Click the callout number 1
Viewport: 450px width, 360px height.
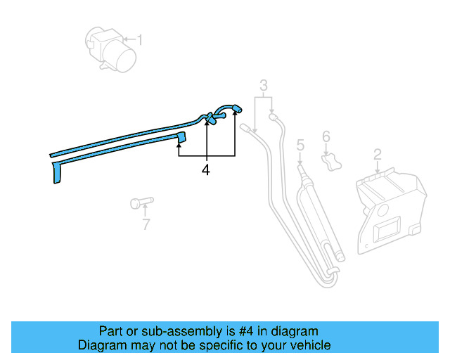tap(139, 40)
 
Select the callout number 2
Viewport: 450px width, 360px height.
tap(378, 154)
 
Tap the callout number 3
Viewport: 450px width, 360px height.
tap(264, 86)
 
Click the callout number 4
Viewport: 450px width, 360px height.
tap(206, 170)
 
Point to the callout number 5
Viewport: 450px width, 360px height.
tap(300, 146)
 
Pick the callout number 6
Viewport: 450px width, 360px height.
tap(326, 136)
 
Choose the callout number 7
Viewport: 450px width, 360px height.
tap(146, 225)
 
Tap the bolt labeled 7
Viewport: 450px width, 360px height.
tap(140, 203)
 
